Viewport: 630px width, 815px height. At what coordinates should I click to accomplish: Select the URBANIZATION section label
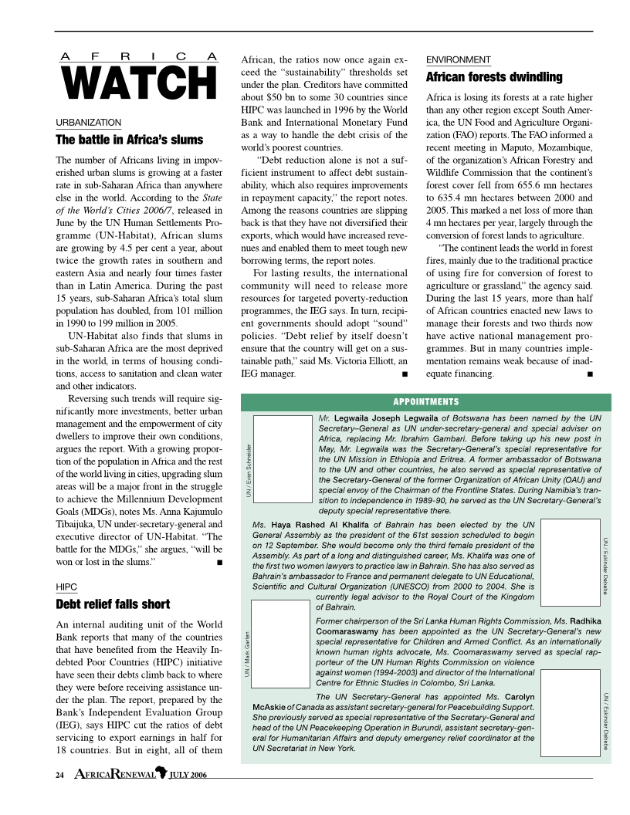click(89, 123)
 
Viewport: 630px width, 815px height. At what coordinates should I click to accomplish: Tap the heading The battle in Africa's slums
click(130, 140)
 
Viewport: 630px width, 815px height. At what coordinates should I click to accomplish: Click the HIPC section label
click(66, 587)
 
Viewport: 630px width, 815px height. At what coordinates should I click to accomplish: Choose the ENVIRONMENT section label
click(459, 59)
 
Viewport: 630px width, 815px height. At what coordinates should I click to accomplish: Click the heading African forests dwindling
click(494, 77)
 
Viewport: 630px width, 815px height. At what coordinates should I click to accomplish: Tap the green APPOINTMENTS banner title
click(426, 401)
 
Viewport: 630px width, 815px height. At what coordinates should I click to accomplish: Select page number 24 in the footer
click(59, 775)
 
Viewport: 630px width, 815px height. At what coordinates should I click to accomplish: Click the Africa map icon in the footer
click(161, 773)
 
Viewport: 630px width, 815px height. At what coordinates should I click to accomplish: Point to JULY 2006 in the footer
click(188, 775)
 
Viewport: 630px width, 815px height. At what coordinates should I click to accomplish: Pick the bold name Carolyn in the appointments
click(520, 697)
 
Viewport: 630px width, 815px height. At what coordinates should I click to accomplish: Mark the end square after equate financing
click(590, 374)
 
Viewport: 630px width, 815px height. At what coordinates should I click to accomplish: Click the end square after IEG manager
click(405, 374)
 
